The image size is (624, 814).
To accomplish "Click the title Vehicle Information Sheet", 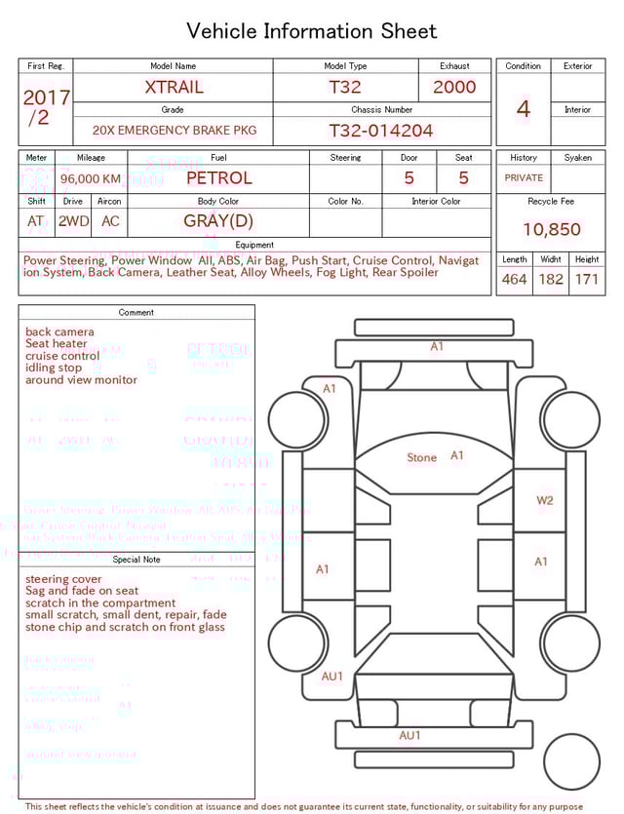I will tap(312, 31).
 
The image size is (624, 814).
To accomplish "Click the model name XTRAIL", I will tap(174, 87).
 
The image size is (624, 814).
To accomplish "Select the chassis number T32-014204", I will tap(380, 131).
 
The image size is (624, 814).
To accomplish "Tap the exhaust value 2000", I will tap(454, 87).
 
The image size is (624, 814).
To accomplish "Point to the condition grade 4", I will tap(523, 109).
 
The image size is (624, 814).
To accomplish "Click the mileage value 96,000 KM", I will tap(91, 179).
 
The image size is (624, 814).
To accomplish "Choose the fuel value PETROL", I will tap(218, 178).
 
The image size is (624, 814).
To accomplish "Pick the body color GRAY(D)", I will tap(218, 221).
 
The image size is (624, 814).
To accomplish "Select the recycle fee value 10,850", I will tap(551, 230).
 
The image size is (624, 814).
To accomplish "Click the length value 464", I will tap(514, 280).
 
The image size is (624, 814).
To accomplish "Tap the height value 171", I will tap(586, 280).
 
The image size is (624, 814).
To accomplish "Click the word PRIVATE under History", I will tap(524, 178).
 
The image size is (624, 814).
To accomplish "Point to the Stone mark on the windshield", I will tap(421, 457).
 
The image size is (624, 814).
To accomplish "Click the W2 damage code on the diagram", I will tap(544, 500).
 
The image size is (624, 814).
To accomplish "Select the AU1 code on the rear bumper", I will tap(409, 735).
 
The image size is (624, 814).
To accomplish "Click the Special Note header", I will tap(136, 560).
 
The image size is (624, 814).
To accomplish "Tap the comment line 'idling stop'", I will tap(54, 368).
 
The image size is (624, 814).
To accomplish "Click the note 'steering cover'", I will tap(63, 579).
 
